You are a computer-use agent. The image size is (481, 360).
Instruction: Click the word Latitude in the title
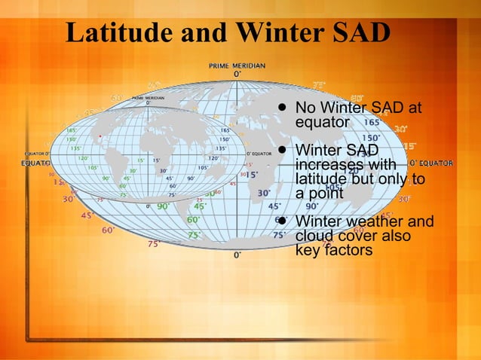point(119,32)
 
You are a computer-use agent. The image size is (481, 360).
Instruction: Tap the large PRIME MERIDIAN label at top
point(237,66)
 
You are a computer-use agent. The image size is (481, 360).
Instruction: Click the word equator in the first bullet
point(322,121)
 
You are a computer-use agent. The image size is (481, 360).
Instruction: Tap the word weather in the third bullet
point(373,221)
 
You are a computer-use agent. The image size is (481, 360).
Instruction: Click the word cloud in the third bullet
point(316,236)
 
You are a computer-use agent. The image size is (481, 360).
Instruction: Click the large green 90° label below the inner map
point(163,206)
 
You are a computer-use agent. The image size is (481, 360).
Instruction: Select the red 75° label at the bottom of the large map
point(154,244)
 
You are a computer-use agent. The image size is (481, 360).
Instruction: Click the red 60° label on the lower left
point(109,230)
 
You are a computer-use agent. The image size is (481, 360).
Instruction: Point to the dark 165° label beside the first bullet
point(372,122)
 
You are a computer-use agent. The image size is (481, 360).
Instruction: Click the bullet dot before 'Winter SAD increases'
point(280,150)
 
